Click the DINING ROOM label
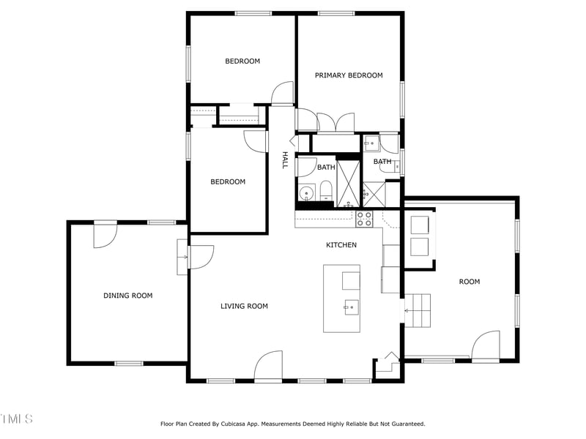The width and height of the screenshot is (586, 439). tap(127, 296)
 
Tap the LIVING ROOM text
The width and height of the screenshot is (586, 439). tap(244, 306)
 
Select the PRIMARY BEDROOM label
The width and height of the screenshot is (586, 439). tap(349, 75)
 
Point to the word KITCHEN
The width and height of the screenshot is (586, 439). tap(341, 245)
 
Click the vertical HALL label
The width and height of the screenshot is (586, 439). tap(285, 160)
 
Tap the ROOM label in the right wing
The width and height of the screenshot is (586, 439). tap(470, 282)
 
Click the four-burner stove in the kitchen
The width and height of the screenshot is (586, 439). tap(364, 218)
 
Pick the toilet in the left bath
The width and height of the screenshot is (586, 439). tap(325, 193)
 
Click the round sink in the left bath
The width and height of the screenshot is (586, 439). tap(306, 194)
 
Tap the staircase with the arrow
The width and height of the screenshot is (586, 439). tap(418, 310)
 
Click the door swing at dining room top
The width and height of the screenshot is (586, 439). tap(105, 235)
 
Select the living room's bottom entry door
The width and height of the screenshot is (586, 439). tap(269, 365)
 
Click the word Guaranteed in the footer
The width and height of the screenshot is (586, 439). tap(404, 424)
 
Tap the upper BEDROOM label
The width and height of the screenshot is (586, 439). tap(242, 61)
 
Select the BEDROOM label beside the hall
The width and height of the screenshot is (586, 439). tap(228, 181)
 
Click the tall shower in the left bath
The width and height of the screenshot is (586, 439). tap(348, 181)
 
